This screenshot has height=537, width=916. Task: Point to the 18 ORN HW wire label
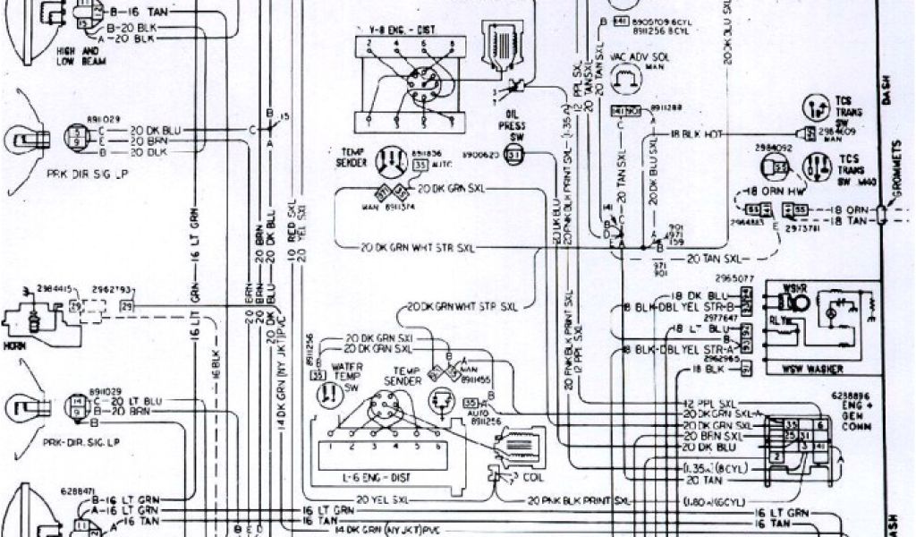(776, 191)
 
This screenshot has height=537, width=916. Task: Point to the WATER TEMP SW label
(348, 371)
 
